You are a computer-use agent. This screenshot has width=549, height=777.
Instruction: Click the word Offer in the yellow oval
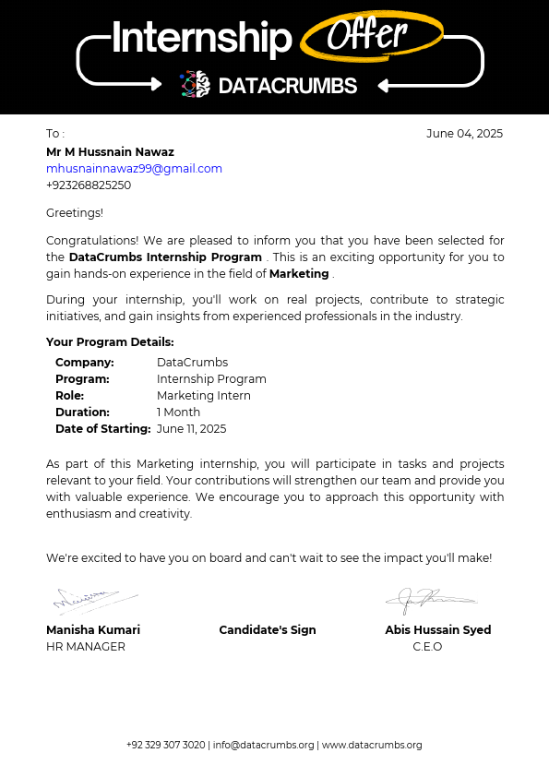tap(367, 35)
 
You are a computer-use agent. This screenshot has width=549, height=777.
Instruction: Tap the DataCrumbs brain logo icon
tap(195, 85)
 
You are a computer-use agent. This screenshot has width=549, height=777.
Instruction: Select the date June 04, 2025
tap(464, 134)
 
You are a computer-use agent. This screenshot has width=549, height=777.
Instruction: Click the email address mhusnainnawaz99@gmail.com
tap(134, 169)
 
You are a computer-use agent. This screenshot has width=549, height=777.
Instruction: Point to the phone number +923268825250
tap(89, 185)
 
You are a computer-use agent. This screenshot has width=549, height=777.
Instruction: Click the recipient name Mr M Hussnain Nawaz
tap(110, 152)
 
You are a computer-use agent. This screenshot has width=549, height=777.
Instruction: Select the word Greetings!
tap(75, 213)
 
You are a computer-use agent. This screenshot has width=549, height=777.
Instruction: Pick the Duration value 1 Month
tap(178, 412)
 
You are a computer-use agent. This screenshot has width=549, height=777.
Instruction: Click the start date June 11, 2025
tap(191, 429)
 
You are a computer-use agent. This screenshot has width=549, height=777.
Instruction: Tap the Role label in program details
tap(69, 396)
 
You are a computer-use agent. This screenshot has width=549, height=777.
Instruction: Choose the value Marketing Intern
tap(203, 396)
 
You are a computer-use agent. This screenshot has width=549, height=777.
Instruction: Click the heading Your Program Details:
tap(110, 342)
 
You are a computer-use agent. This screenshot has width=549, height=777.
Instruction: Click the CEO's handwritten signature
tap(427, 600)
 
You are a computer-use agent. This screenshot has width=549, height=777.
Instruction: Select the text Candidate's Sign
tap(268, 630)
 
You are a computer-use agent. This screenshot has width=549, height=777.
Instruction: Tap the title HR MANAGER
tap(86, 647)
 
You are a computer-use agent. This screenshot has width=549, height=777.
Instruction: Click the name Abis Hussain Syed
tap(437, 630)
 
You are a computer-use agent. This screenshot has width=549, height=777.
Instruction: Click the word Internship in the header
tap(201, 39)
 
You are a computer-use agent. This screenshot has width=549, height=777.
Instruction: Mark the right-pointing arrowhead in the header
tap(157, 84)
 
